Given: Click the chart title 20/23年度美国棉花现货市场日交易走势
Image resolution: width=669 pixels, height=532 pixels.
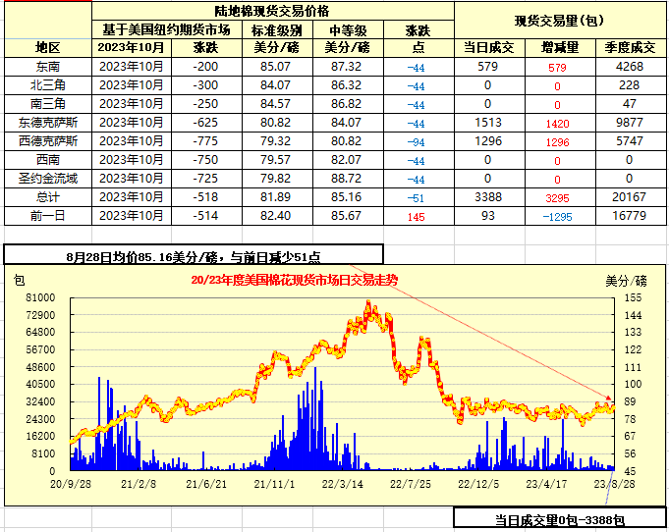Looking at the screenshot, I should point(294,280).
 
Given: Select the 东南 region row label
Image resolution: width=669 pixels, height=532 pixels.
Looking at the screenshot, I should point(47,66).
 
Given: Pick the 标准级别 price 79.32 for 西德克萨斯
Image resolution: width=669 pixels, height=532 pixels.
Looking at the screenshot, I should point(274,140).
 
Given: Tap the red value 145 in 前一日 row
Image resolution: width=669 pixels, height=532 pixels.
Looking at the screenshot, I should point(416,216).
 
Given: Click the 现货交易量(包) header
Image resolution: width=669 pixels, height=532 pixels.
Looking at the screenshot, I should point(560,20).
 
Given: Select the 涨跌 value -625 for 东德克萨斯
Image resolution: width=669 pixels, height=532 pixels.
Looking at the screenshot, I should point(205,122).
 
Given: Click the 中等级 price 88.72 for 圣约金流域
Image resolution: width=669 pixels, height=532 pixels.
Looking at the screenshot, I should point(347,178).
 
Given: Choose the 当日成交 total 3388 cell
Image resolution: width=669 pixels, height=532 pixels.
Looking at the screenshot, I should point(488,196).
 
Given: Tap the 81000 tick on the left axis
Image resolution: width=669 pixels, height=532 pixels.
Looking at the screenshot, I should point(40,296).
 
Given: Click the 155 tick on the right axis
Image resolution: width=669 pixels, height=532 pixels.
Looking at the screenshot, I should point(633,296).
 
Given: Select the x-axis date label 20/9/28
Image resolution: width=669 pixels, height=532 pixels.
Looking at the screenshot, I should point(72,483).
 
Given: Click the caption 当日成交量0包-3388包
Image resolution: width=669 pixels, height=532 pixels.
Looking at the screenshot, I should point(559,519).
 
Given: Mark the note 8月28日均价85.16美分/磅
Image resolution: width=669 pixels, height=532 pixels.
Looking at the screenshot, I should point(193,256).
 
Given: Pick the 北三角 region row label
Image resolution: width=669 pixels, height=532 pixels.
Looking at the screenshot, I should point(47,84).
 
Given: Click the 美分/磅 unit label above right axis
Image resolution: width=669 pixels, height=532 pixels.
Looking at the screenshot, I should point(626,280).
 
